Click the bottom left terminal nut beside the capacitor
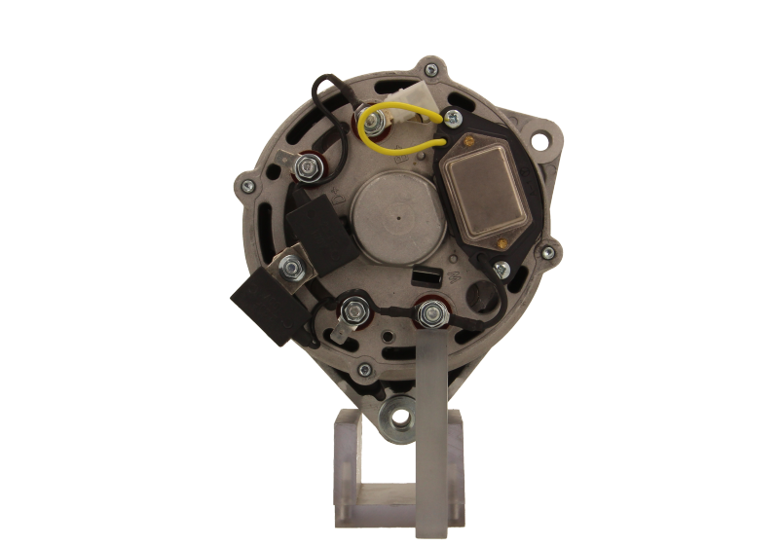click(x=352, y=314)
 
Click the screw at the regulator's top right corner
click(x=454, y=119)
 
